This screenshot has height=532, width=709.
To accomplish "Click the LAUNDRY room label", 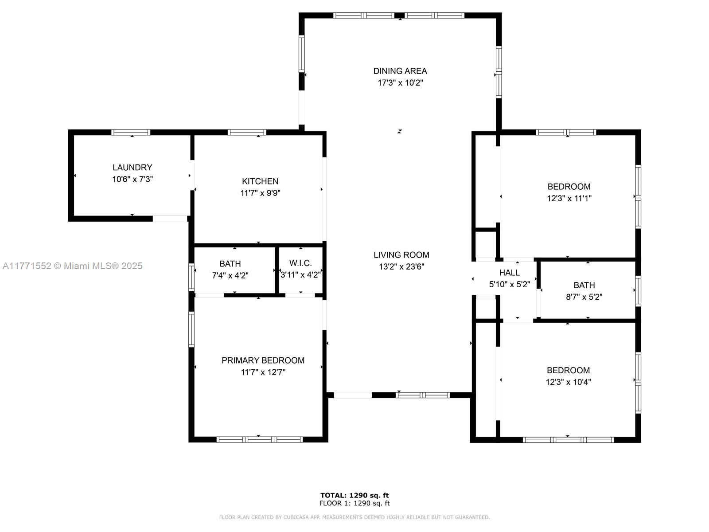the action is [x=132, y=167].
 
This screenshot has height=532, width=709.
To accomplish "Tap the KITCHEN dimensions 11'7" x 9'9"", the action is [x=260, y=193].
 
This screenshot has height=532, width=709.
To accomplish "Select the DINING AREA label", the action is [x=400, y=71].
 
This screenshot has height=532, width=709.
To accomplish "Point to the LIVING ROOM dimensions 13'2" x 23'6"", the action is [x=401, y=266].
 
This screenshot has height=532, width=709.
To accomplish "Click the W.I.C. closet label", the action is [x=300, y=263].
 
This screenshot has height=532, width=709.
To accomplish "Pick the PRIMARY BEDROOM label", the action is [x=263, y=360].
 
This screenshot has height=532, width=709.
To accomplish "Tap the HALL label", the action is [x=509, y=273].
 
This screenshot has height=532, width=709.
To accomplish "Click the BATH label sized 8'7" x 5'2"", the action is [x=584, y=285].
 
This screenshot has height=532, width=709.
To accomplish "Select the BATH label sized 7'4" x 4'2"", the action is [x=230, y=264].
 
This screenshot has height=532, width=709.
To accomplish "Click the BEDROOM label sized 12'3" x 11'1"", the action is [x=569, y=186].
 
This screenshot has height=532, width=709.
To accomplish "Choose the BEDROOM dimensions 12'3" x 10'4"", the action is [x=568, y=382].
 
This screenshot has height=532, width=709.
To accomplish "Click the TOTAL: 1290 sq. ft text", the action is [x=354, y=495].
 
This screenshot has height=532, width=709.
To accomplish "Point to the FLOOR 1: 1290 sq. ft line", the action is [x=354, y=503].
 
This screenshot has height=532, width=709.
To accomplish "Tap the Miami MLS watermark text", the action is [x=72, y=266].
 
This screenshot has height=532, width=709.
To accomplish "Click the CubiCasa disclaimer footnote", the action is [x=354, y=517].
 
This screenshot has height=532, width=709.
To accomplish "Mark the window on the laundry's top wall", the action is [x=131, y=132].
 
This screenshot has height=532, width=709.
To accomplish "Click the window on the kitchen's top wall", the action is [x=247, y=132].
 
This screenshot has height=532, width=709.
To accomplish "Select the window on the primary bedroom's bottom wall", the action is [x=259, y=439].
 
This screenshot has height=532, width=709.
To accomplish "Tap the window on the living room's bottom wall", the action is [x=422, y=395].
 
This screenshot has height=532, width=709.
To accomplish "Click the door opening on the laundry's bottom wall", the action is [x=170, y=219].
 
